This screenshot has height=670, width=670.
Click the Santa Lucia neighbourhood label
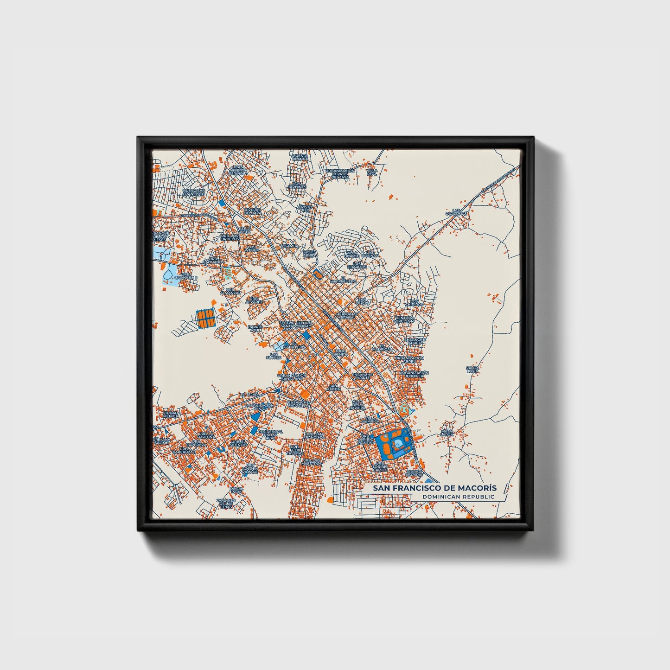pyautogui.click(x=472, y=370)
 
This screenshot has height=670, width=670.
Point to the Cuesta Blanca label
pyautogui.click(x=300, y=157)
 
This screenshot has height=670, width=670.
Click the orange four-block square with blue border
pyautogui.click(x=206, y=319)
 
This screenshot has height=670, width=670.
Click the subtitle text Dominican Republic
pyautogui.click(x=459, y=497)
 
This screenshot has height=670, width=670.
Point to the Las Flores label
pyautogui.click(x=274, y=356)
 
